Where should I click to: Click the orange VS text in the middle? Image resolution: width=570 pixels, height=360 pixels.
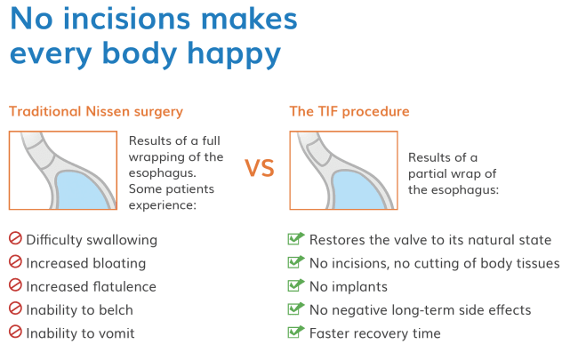coord(259,169)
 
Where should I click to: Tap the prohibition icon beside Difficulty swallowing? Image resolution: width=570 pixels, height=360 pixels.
coord(15,240)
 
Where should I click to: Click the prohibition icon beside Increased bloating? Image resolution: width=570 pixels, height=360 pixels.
coord(15,263)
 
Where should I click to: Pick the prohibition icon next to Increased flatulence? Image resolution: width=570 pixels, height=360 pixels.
coord(15,286)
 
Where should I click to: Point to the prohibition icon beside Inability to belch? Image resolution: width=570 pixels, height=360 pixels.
coord(15,309)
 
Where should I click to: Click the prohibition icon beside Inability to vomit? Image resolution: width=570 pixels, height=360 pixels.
coord(15,332)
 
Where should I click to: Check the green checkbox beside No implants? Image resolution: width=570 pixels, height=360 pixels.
coord(296,286)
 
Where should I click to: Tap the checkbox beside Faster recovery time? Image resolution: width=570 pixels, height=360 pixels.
coord(296,332)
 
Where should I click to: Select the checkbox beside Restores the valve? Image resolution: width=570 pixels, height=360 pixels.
coord(296,240)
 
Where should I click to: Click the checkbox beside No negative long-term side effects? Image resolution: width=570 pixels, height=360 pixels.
coord(296,309)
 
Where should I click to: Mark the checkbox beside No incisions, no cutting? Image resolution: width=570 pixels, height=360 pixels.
coord(296,263)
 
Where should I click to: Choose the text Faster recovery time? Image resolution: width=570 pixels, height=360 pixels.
coord(374,333)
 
